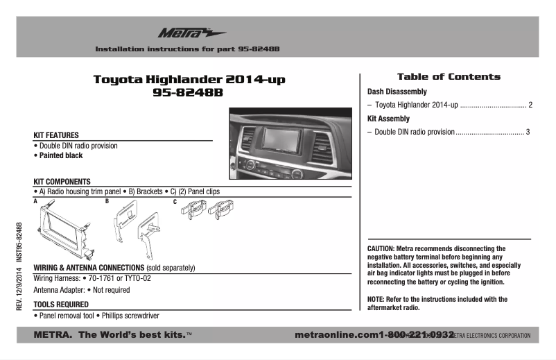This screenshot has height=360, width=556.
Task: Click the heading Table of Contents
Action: click(448, 77)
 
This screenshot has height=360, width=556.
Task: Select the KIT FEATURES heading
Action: click(56, 135)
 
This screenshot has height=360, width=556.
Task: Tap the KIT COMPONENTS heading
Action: click(62, 181)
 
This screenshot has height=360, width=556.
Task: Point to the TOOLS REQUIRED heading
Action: click(60, 305)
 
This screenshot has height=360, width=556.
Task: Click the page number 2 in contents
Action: click(530, 105)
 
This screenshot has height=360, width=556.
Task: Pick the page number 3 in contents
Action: click(528, 132)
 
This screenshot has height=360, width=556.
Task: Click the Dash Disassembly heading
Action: click(397, 92)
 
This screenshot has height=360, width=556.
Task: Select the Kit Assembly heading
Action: click(388, 119)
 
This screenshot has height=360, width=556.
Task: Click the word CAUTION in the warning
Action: click(381, 248)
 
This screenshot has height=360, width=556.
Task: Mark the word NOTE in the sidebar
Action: click(376, 299)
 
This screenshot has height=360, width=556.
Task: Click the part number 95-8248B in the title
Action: click(189, 94)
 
